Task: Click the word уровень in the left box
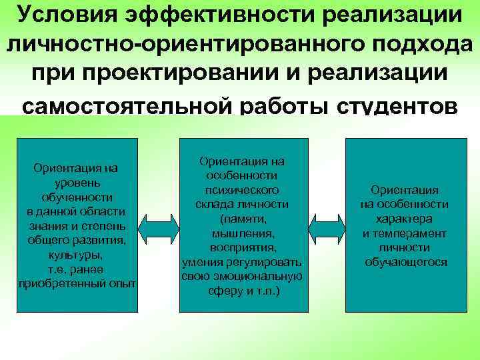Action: click(x=76, y=182)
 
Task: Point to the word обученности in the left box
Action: click(x=76, y=197)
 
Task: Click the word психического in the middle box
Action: click(x=242, y=189)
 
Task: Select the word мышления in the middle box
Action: click(x=242, y=233)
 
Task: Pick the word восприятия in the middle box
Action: click(x=242, y=247)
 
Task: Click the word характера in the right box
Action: click(x=404, y=219)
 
